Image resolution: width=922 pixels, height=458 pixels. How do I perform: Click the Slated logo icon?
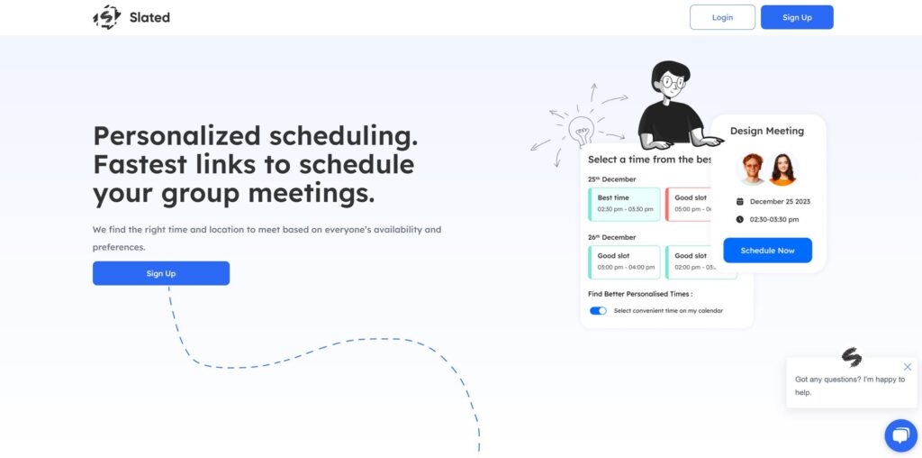107,17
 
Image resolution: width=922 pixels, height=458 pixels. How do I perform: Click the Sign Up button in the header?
797,17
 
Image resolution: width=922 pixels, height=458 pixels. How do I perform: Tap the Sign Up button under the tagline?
161,273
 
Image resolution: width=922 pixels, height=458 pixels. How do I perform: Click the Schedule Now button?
767,251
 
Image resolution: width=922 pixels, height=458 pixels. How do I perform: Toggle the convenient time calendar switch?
598,310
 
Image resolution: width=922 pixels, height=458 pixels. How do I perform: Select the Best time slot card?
625,204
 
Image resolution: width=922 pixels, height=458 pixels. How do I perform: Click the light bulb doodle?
581,130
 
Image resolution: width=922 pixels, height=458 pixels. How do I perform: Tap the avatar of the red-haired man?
752,169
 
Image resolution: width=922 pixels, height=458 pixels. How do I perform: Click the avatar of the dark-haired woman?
782,169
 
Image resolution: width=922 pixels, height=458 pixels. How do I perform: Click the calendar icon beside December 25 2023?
740,201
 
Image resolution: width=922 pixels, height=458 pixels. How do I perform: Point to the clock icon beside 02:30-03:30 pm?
740,219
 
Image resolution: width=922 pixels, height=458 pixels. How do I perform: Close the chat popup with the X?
908,367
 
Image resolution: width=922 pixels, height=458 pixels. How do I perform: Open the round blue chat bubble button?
900,435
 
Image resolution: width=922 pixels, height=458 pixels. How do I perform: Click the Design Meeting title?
767,131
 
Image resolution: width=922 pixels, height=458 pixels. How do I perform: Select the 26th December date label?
611,237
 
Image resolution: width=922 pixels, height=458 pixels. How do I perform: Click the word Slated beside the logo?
149,17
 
